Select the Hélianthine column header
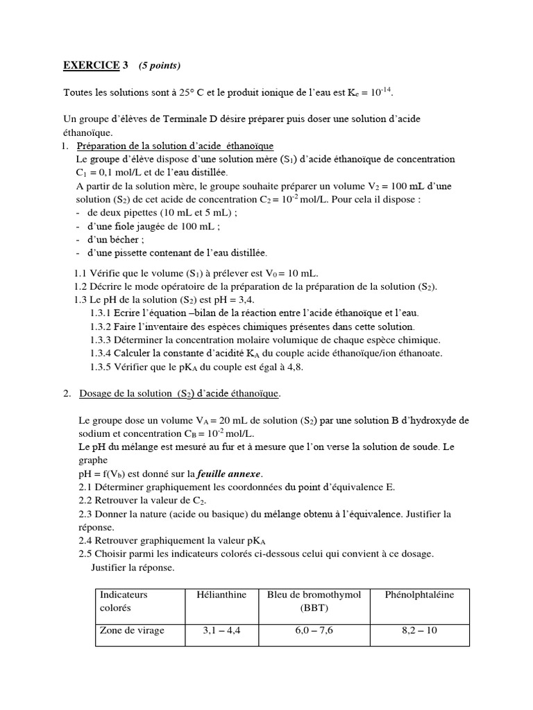coord(221,595)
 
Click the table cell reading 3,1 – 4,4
coord(221,631)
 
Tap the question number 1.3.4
coord(102,353)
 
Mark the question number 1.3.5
coord(102,367)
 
